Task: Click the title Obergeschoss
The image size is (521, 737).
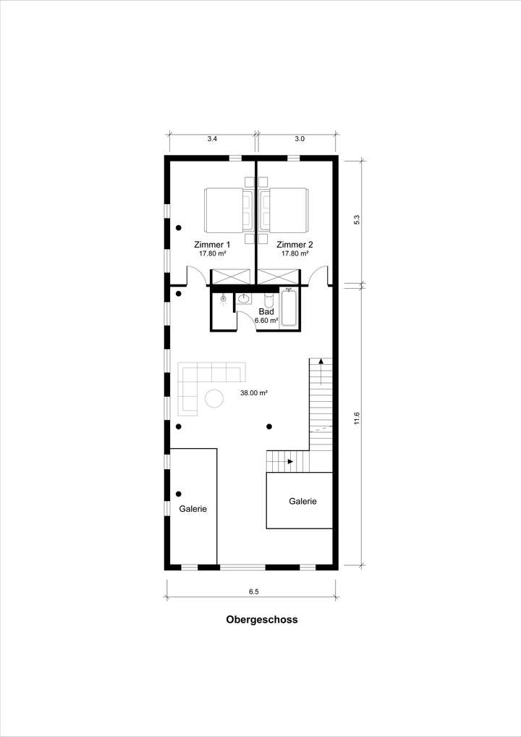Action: (x=261, y=620)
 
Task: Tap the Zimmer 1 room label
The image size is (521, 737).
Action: (x=212, y=245)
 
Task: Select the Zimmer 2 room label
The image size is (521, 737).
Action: (x=295, y=245)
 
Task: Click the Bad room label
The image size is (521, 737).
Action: (x=266, y=311)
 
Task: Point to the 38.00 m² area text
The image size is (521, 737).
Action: (x=254, y=393)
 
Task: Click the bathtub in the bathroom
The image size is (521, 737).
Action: (x=288, y=308)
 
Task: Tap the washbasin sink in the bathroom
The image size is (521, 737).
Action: (x=244, y=298)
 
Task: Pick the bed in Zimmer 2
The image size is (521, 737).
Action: (x=286, y=209)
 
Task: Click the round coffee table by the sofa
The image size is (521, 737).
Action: (x=213, y=398)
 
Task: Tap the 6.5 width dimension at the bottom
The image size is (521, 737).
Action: (x=253, y=591)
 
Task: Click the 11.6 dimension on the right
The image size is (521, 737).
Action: (x=357, y=418)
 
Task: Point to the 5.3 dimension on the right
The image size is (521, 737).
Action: (x=357, y=220)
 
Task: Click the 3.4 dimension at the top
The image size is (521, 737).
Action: (x=212, y=138)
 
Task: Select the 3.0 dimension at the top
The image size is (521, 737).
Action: (x=300, y=138)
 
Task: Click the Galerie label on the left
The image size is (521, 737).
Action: (x=193, y=509)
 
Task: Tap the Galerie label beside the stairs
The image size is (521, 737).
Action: (x=302, y=501)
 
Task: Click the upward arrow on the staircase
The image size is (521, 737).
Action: (x=320, y=365)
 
